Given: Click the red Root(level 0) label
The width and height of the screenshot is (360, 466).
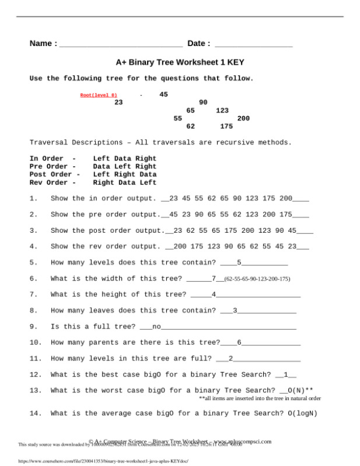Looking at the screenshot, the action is coord(99,95).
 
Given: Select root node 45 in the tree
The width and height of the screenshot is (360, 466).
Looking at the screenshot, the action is coord(163,94).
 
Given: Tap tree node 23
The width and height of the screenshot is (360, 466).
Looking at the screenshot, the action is coord(118,102).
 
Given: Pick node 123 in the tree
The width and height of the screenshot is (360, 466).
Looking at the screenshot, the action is coord(222,110).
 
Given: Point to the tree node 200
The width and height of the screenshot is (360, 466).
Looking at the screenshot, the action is coord(243,118).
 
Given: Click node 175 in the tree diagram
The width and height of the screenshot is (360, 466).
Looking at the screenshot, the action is coord(226,126).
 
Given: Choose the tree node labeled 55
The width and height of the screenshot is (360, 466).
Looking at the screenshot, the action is coord(178,118).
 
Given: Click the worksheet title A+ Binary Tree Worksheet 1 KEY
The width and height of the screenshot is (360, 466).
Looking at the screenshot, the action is coord(180,62).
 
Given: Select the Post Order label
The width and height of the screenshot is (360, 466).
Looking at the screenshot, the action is coord(55,174).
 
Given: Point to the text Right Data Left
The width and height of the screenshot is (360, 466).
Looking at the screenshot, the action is coord(124,183).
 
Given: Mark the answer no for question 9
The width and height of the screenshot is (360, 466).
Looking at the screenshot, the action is coord(156,326).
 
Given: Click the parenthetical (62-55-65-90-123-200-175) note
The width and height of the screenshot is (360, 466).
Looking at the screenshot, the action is coord(257,279).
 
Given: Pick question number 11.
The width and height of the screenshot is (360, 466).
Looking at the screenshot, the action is coord(35,358).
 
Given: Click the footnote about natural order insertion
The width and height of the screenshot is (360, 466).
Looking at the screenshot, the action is coord(260,399).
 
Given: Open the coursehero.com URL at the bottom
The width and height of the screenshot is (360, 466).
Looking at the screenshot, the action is coord(98,461).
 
